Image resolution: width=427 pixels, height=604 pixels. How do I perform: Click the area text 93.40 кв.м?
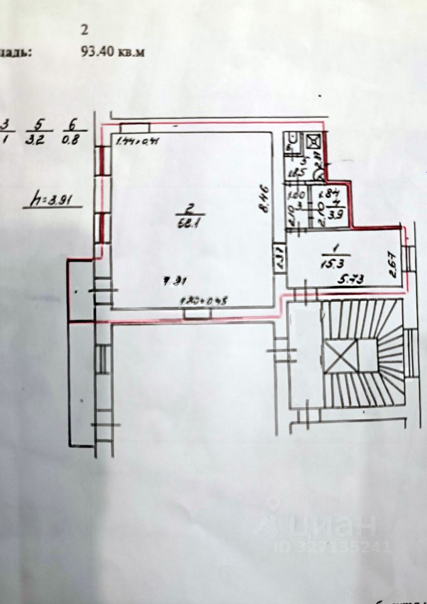click(113, 53)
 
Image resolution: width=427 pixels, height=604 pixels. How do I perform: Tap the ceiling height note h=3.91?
click(53, 201)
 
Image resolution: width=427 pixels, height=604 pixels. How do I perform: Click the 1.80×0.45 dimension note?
click(203, 300)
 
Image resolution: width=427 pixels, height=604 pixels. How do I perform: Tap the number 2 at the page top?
click(85, 29)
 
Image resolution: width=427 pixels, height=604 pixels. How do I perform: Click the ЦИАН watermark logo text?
click(332, 523)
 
